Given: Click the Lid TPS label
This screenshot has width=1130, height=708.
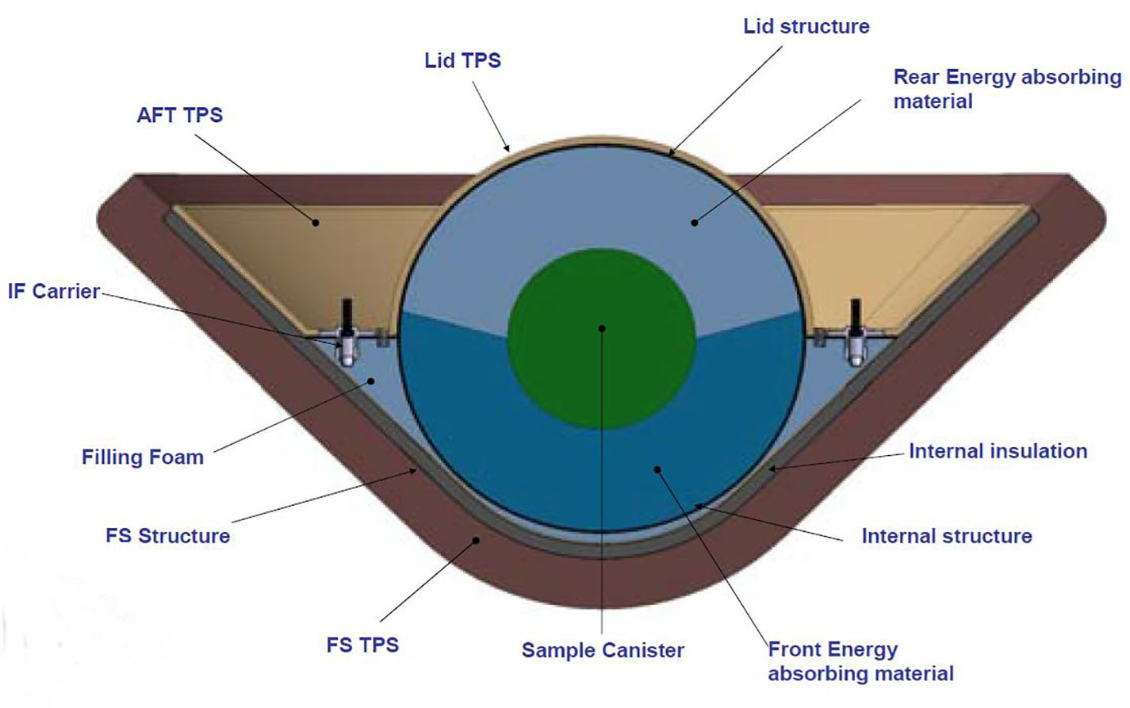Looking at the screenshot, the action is coord(462,60).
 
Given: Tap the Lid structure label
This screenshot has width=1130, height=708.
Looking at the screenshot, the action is coord(806,27).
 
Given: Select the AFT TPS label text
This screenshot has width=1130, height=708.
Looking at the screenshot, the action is coord(179,115).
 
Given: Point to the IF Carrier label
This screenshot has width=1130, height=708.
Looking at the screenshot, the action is coord(53,292).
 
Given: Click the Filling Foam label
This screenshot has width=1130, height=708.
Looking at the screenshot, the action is coord(143,457).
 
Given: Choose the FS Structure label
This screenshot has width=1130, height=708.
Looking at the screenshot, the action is coord(167,535).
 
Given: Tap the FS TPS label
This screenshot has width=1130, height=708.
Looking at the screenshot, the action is coord(362,645).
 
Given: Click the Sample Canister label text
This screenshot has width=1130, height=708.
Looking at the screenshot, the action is coord(603,650).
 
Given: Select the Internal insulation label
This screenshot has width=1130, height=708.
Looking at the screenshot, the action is coord(998,451).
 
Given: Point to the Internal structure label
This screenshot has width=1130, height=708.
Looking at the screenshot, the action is coord(946,536).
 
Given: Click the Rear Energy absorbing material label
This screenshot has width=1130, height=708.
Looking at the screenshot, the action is coord(1007,90).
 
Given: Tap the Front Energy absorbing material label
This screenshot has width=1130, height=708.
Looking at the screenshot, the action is coord(860,661).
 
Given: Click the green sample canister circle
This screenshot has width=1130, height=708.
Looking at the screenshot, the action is coord(602,339).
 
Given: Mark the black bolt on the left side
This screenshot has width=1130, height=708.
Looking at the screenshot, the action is coord(347,315).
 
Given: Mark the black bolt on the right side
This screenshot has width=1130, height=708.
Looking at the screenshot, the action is coord(856,315).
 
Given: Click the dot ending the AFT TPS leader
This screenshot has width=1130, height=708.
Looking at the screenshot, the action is coord(316,222).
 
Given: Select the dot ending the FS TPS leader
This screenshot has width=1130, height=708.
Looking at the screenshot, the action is coord(475,540).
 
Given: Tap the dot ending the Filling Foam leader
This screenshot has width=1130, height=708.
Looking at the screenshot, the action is coord(371,381).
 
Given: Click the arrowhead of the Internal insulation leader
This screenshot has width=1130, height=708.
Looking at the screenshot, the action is coord(772,469).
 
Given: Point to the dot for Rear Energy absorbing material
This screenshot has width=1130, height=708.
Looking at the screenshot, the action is coord(695,222).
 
